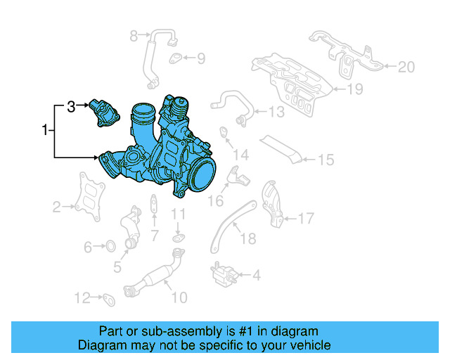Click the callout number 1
point(46,130)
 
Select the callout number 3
point(70,107)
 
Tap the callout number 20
point(406,67)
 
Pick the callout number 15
point(325,160)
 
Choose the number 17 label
point(305,219)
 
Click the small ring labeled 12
point(110,300)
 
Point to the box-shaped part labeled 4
point(222,274)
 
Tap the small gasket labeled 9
point(176,58)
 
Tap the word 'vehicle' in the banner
point(310,345)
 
